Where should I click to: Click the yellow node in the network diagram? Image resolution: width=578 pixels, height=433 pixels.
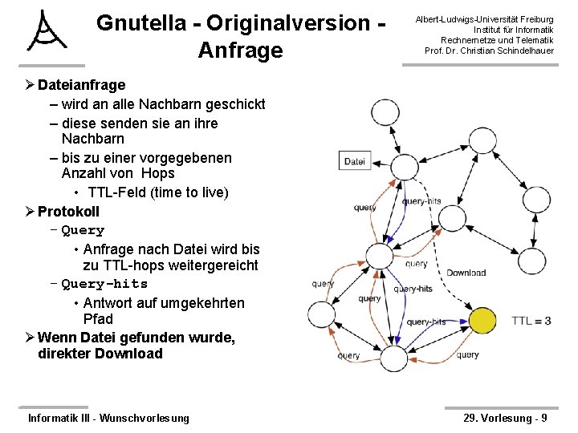[x=481, y=322]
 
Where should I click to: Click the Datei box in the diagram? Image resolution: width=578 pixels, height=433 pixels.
[x=354, y=161]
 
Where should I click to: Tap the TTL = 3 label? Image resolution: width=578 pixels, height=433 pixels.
[x=531, y=321]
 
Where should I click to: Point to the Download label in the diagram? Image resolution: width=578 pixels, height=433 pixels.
[x=466, y=273]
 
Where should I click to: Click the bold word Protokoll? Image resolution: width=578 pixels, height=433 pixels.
[x=69, y=212]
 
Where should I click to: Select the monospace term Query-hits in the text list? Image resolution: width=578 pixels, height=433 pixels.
[x=104, y=284]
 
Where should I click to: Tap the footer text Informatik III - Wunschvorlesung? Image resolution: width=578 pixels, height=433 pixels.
[x=108, y=418]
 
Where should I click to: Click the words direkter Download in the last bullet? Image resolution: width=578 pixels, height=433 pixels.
[x=100, y=354]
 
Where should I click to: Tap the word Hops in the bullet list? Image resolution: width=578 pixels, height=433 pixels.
[x=157, y=173]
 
